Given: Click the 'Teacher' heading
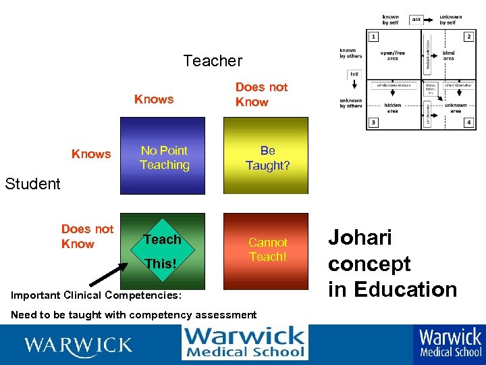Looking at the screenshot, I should tap(213, 61).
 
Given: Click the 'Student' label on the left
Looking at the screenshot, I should tap(32, 183).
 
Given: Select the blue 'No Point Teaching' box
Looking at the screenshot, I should tap(164, 157).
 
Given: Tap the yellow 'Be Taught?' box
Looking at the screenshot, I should tap(267, 157).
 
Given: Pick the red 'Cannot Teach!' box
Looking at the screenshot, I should tap(267, 249).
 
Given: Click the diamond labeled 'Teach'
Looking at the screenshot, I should tap(162, 240).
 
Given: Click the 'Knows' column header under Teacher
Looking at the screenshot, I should tap(154, 99).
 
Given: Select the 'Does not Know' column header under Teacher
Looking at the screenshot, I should tap(261, 95).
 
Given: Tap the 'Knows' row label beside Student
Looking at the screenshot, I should tap(91, 153).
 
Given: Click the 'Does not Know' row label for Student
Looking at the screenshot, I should tap(87, 237).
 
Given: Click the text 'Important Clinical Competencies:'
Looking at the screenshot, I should tap(96, 295).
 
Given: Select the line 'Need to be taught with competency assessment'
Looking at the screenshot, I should tap(134, 314).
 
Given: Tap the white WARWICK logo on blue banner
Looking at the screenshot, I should tap(78, 345).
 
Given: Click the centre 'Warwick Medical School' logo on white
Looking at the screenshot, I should tap(244, 342).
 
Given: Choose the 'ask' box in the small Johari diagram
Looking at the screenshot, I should tap(416, 20).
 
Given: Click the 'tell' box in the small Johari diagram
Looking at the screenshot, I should tap(354, 74).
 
